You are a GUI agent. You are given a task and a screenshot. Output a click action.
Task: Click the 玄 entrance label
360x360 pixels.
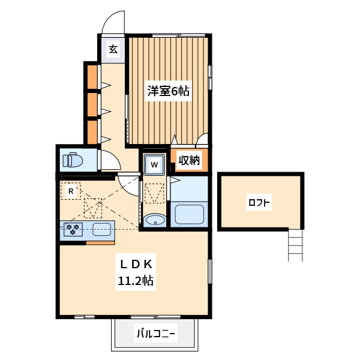pos(113,49)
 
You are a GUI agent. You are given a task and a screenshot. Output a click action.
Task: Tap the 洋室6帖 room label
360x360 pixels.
pos(169,92)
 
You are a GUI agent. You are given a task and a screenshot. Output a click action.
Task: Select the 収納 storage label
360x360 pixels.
pos(189,160)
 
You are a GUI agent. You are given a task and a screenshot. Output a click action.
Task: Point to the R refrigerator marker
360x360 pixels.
pos(71,191)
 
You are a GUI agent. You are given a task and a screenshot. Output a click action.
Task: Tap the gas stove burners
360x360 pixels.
pos(74,229)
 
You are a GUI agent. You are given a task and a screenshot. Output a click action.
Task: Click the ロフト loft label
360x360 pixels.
pos(259,203)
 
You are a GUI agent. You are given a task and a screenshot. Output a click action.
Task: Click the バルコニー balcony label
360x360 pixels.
pos(155,332)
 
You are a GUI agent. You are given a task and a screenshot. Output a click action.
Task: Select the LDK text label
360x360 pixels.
pos(135,265)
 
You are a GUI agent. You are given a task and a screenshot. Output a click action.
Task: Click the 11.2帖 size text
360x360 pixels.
pos(135,280)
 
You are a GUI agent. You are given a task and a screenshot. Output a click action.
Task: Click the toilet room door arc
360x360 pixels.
pos(109,160)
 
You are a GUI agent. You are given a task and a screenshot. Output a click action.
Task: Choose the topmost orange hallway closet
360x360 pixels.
pos(92,76)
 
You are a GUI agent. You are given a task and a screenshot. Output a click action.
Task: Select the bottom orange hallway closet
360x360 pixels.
pos(92,132)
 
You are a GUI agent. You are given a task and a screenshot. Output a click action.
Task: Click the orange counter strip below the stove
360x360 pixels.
pos(100,243)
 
